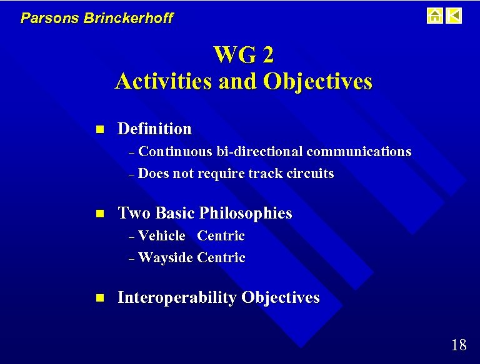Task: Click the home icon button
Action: [x=435, y=16]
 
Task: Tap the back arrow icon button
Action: [x=454, y=16]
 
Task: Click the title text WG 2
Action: [x=243, y=55]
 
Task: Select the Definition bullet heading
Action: [x=154, y=129]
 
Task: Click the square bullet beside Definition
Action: [x=98, y=130]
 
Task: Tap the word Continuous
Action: [x=176, y=152]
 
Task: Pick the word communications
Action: [x=359, y=152]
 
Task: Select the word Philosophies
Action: [x=246, y=213]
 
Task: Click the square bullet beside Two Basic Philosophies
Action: [x=98, y=214]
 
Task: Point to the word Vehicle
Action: [x=162, y=236]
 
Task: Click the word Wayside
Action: [x=166, y=258]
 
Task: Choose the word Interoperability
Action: [x=177, y=298]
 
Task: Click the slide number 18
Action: [x=458, y=345]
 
